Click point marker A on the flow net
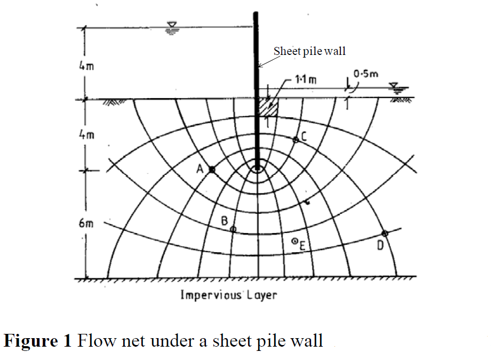[x=212, y=170]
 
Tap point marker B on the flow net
[x=233, y=229]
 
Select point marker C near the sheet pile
[x=296, y=140]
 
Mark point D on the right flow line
[x=384, y=233]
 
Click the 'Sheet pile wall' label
[x=309, y=51]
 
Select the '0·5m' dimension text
[x=365, y=74]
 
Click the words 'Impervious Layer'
[x=229, y=294]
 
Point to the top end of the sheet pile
[x=256, y=13]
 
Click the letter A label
[x=200, y=169]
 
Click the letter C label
[x=304, y=137]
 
